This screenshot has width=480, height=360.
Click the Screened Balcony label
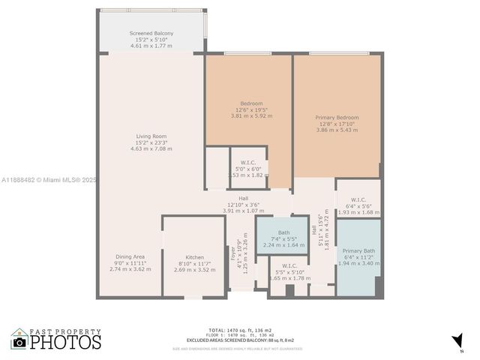(151, 34)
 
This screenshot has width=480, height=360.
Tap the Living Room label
(151, 136)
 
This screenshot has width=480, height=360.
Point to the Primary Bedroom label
(337, 117)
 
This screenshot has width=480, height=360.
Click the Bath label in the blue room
(283, 232)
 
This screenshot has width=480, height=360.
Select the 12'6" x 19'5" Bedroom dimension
(251, 109)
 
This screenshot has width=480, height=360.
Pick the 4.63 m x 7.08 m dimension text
(151, 148)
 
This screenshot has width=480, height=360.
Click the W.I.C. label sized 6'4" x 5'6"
(358, 199)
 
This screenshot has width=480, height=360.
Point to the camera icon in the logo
(19, 342)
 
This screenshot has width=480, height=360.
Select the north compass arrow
(457, 342)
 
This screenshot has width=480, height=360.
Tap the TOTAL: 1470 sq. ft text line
(240, 330)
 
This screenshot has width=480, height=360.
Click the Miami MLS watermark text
(49, 180)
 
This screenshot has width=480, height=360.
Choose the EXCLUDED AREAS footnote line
(240, 342)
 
